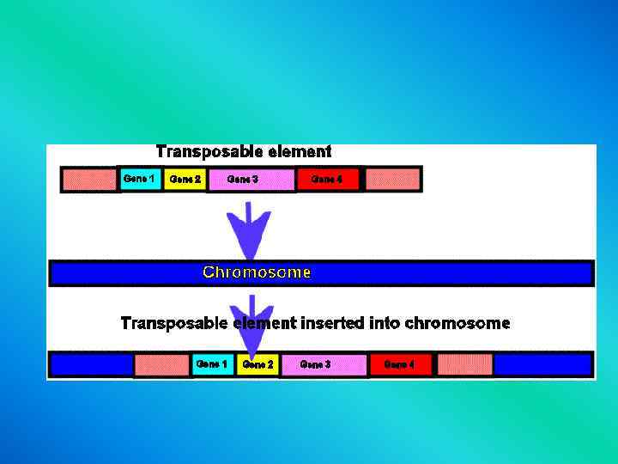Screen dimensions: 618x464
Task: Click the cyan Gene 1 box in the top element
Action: (x=140, y=179)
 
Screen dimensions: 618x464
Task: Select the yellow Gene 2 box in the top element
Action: (x=185, y=180)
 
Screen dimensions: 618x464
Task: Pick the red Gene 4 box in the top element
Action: (x=327, y=180)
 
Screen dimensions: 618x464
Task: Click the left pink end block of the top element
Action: (x=88, y=180)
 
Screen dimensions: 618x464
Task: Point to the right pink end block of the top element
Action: (x=393, y=180)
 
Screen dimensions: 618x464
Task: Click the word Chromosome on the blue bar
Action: (x=257, y=272)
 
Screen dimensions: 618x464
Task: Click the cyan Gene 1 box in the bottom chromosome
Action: (x=212, y=364)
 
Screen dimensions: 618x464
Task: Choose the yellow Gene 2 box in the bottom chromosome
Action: (x=258, y=365)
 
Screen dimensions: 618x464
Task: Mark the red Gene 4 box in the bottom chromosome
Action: (x=400, y=364)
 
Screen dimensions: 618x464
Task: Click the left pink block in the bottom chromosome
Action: (x=161, y=365)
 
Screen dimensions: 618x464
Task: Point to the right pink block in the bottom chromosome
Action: (x=465, y=364)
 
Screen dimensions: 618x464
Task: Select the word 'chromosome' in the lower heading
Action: (x=457, y=324)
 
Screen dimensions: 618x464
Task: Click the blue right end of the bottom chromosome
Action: (x=542, y=364)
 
